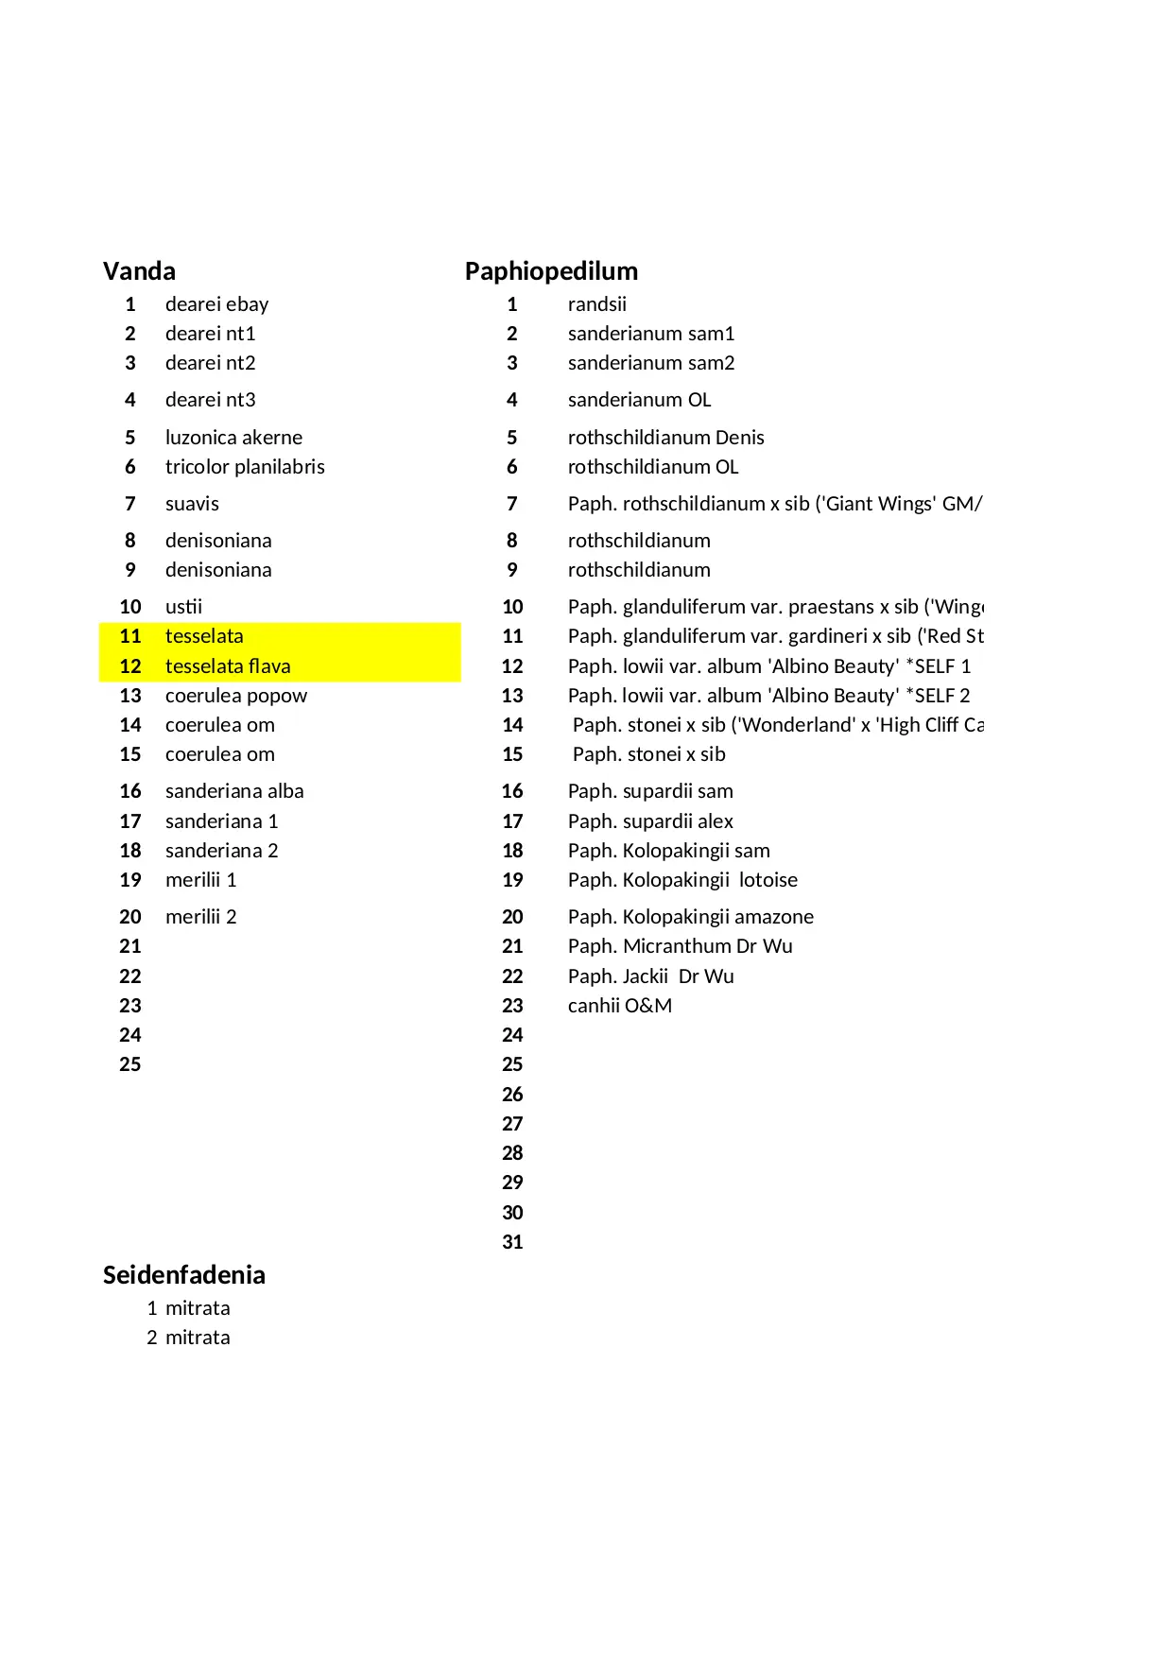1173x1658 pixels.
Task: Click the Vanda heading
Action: [139, 271]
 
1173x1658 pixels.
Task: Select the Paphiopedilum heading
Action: [551, 271]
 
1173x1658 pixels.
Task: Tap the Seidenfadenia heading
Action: [183, 1275]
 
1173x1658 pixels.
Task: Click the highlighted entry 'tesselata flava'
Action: [228, 666]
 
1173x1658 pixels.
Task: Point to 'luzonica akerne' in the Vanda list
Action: [233, 438]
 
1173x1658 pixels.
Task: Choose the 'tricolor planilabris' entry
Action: [245, 467]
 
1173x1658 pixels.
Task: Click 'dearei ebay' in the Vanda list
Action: [216, 304]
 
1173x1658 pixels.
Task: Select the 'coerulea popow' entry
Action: [236, 696]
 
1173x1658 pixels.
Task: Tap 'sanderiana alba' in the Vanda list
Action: [234, 791]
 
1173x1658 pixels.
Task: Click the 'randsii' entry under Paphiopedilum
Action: [596, 304]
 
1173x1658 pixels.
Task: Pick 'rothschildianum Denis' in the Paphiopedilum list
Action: [665, 438]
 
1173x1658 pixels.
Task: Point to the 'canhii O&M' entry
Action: [619, 1006]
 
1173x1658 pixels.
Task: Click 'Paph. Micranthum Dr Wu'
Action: [680, 946]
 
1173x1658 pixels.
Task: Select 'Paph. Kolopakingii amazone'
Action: [690, 917]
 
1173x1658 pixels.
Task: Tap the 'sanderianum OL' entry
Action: [639, 400]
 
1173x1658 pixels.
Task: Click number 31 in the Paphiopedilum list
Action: [512, 1242]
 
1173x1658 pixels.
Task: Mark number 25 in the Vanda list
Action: [130, 1064]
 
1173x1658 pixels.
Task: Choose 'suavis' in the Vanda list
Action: [192, 504]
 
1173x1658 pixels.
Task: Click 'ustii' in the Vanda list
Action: [183, 607]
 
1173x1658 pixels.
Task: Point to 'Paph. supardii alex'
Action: [650, 821]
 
